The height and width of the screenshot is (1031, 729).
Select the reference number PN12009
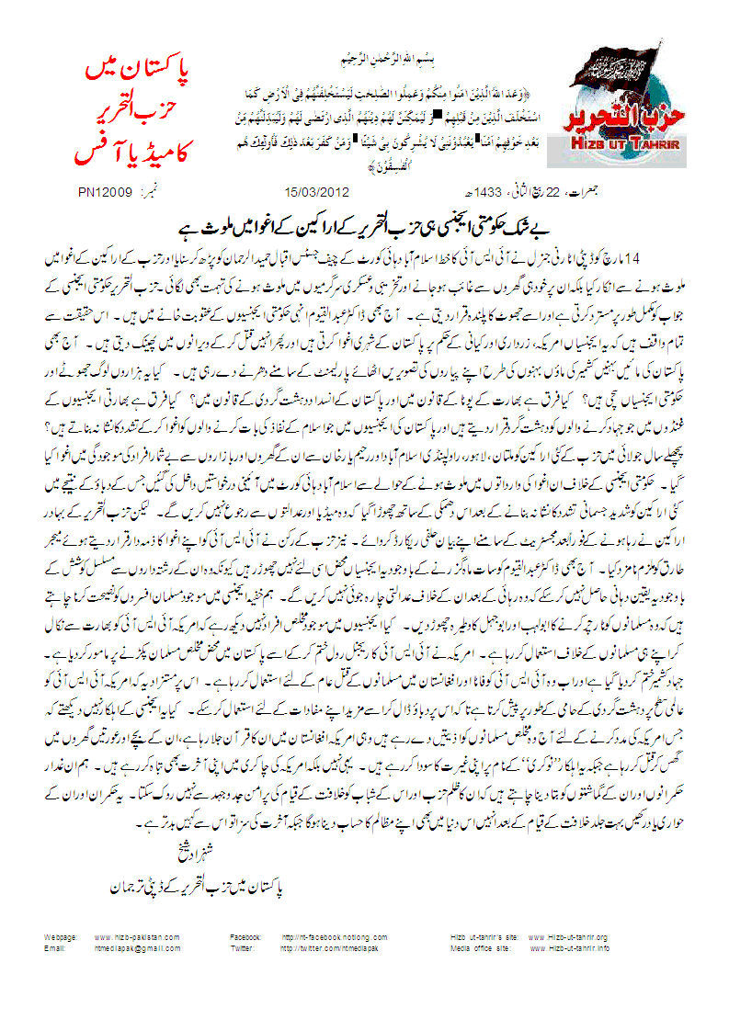coord(110,193)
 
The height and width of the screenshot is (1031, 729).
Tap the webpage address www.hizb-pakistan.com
coord(137,937)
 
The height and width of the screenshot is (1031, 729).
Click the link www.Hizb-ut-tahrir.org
coord(568,937)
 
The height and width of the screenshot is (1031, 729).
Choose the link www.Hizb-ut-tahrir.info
coord(568,947)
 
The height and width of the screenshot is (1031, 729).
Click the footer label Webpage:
coord(61,937)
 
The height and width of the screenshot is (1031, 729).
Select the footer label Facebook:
coord(246,937)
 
